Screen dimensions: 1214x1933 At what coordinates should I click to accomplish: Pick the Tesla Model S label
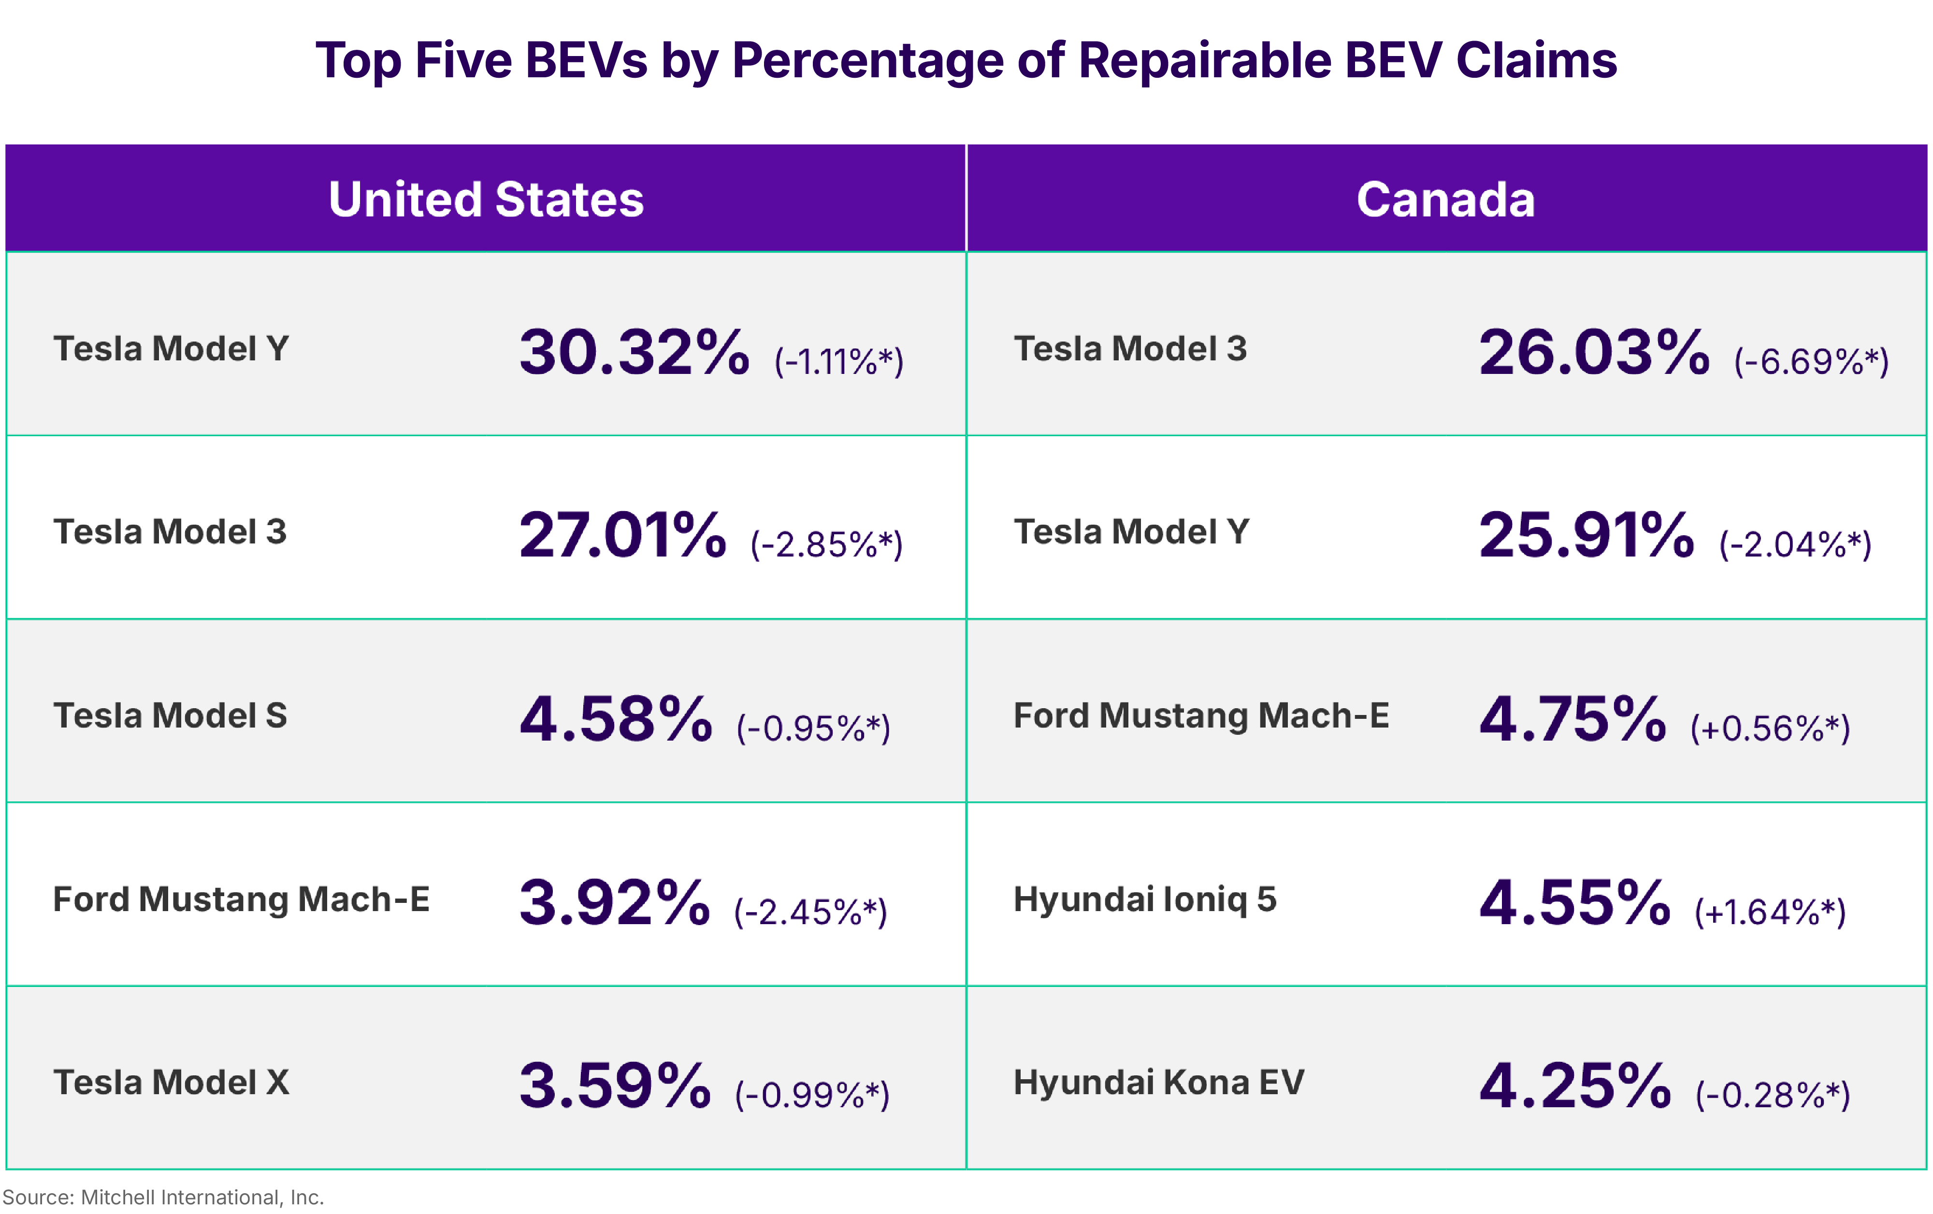coord(170,715)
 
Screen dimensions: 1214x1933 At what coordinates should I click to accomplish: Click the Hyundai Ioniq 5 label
coord(1145,899)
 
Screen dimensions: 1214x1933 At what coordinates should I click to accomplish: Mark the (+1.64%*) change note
coord(1770,912)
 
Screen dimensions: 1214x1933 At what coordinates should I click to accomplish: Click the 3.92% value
coord(614,903)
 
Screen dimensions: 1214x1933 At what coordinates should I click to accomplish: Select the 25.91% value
coord(1586,535)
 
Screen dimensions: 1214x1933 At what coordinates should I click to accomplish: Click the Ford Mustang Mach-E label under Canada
coord(1201,715)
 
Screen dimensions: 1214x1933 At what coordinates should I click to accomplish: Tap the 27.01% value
coord(622,535)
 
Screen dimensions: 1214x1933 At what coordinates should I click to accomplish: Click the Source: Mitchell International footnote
coord(163,1197)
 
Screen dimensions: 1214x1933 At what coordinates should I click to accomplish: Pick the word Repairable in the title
coord(1204,60)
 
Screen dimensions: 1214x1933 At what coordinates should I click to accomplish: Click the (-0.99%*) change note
coord(812,1095)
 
